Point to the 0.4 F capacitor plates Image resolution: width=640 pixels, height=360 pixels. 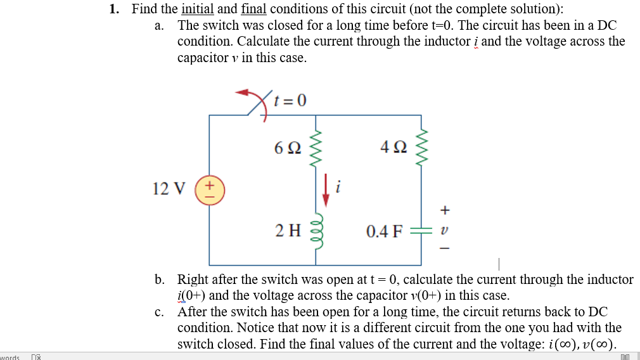(x=421, y=231)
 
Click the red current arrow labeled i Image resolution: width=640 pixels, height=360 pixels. (x=326, y=191)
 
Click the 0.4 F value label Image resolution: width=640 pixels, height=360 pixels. (x=384, y=231)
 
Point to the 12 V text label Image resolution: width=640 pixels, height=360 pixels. (x=169, y=189)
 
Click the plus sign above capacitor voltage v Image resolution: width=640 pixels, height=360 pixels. (x=445, y=209)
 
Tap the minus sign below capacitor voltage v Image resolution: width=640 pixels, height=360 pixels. (x=445, y=249)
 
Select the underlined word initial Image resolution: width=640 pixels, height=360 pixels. (x=197, y=9)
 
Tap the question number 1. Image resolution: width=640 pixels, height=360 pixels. (x=114, y=9)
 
